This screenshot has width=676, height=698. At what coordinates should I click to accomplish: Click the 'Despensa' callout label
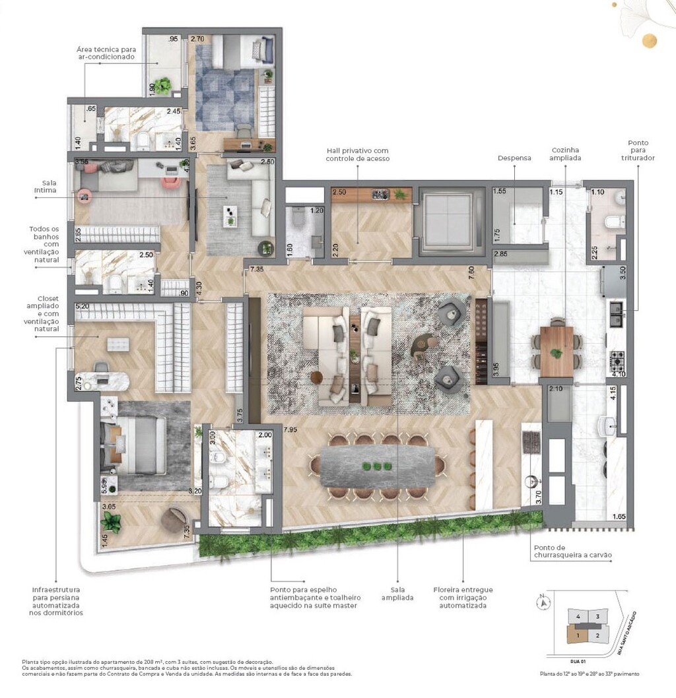click(x=514, y=158)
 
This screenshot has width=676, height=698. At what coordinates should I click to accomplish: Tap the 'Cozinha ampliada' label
click(x=566, y=154)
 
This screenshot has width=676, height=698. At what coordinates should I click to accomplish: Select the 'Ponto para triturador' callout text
click(x=638, y=151)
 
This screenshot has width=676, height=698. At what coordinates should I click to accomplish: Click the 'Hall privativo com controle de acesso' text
click(x=358, y=154)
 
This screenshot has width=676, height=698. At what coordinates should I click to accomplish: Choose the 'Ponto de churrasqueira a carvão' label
click(x=572, y=551)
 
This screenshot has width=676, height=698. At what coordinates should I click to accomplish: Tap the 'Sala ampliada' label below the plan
click(x=397, y=594)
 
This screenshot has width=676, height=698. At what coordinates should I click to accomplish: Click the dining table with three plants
click(x=377, y=466)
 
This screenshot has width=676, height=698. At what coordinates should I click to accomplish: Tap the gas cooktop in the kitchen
click(x=617, y=360)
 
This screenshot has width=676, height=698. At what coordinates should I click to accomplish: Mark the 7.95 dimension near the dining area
click(x=289, y=430)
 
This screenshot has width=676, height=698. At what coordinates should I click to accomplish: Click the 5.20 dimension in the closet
click(x=83, y=307)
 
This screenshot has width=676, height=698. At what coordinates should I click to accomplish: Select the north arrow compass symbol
click(x=543, y=601)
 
